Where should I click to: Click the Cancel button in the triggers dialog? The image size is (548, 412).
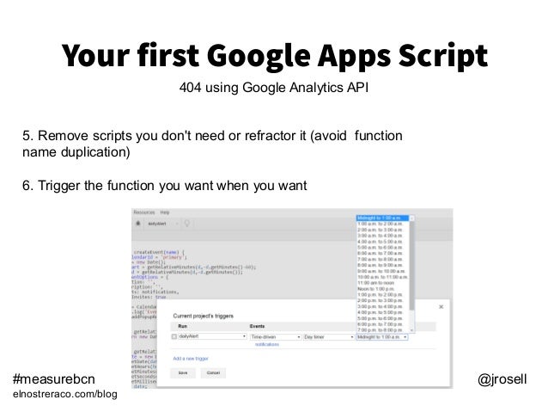pyautogui.click(x=214, y=373)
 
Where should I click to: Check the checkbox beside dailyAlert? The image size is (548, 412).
pyautogui.click(x=175, y=337)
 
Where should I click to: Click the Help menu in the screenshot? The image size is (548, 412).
pyautogui.click(x=164, y=211)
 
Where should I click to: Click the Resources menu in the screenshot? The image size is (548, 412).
pyautogui.click(x=143, y=211)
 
